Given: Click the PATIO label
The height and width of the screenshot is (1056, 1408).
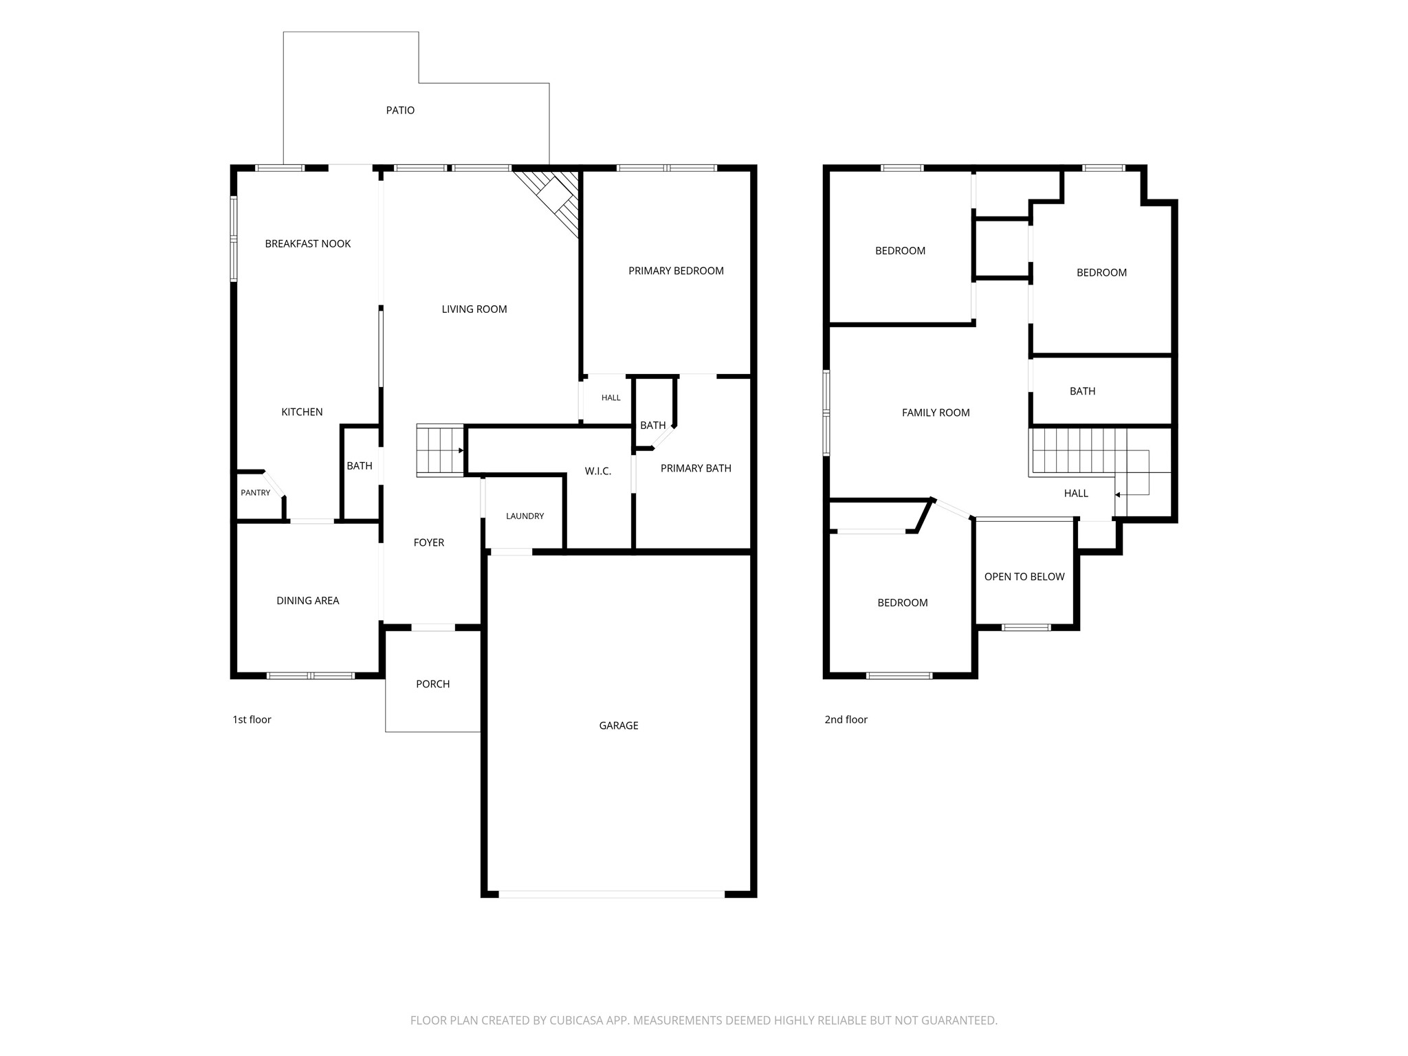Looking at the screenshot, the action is point(400,110).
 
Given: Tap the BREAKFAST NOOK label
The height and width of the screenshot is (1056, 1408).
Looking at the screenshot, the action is point(308,243).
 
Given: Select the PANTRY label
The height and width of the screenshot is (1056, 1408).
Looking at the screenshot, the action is point(256,493).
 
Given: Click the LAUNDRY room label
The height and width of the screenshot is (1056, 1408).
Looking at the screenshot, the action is point(525,516).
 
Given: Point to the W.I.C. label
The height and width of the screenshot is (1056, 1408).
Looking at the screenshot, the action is point(598,471).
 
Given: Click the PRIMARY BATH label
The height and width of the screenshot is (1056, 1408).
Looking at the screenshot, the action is point(696,468).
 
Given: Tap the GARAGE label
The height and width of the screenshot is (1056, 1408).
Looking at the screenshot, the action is point(619,725).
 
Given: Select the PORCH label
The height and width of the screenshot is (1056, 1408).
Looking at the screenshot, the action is point(433,684).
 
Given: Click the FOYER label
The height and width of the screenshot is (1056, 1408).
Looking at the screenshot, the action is point(429,542).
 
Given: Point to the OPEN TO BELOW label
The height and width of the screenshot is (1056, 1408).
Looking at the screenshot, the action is point(1024,577).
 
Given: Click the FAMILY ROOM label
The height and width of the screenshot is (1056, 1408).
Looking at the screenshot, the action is point(936,412).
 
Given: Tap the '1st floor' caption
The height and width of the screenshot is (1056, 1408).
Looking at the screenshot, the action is point(252,720).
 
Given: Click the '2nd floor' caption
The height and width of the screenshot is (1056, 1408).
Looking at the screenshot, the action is point(846,720).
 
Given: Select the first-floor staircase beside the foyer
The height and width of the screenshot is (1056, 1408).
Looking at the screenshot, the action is point(440,450).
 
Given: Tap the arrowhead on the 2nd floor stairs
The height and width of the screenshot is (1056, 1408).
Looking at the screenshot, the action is point(1118,494).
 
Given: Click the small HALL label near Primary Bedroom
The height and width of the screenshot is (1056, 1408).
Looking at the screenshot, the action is point(611,398).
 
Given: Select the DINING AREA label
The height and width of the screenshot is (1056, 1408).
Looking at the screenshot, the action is point(308,601).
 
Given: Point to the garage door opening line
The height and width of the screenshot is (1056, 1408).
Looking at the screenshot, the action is point(612,894).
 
